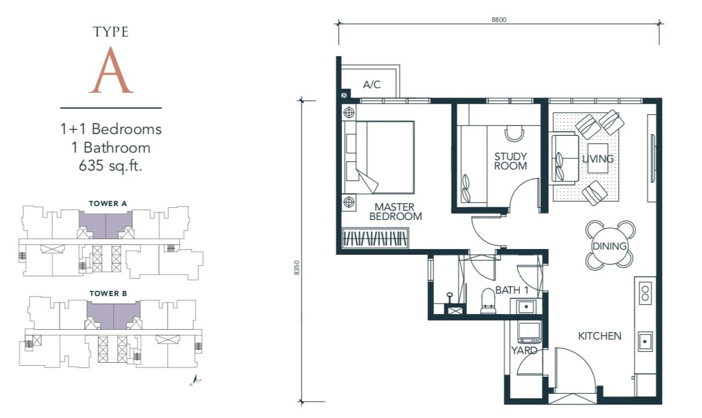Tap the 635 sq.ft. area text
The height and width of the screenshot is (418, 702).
(x=110, y=165)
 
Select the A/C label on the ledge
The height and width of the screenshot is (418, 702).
(x=372, y=84)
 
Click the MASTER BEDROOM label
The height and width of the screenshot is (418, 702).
(x=396, y=212)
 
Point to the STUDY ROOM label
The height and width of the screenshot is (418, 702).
(x=511, y=161)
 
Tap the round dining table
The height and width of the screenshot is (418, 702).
(x=610, y=246)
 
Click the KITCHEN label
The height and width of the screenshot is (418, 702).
(x=599, y=336)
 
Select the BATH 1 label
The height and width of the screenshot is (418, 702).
(x=512, y=290)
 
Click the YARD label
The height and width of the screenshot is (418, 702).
(x=524, y=350)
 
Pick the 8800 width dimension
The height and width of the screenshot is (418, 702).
(x=498, y=20)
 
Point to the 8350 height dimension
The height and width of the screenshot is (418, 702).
(x=297, y=268)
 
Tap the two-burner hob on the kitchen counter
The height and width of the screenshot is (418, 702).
(x=645, y=293)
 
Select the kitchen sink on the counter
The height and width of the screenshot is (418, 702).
(x=645, y=341)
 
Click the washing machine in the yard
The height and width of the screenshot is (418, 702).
(x=529, y=332)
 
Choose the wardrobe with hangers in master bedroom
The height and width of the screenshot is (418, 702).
(x=375, y=239)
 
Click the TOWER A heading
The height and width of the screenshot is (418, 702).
(x=108, y=204)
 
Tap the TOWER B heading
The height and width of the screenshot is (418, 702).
(x=108, y=294)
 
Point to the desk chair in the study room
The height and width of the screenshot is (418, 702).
(x=514, y=134)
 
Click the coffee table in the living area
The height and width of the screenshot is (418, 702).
(x=598, y=158)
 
